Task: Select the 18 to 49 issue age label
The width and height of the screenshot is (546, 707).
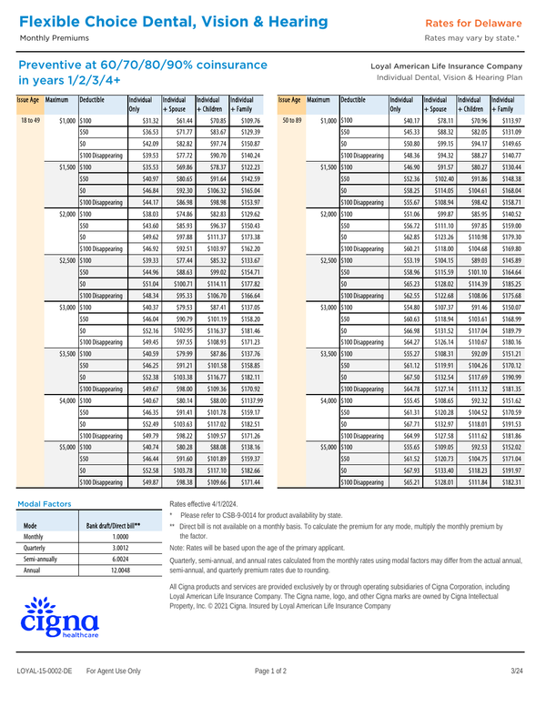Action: pos(29,120)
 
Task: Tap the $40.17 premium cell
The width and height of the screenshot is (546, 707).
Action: pos(409,120)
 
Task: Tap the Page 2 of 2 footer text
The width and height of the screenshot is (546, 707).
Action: pos(270,696)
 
